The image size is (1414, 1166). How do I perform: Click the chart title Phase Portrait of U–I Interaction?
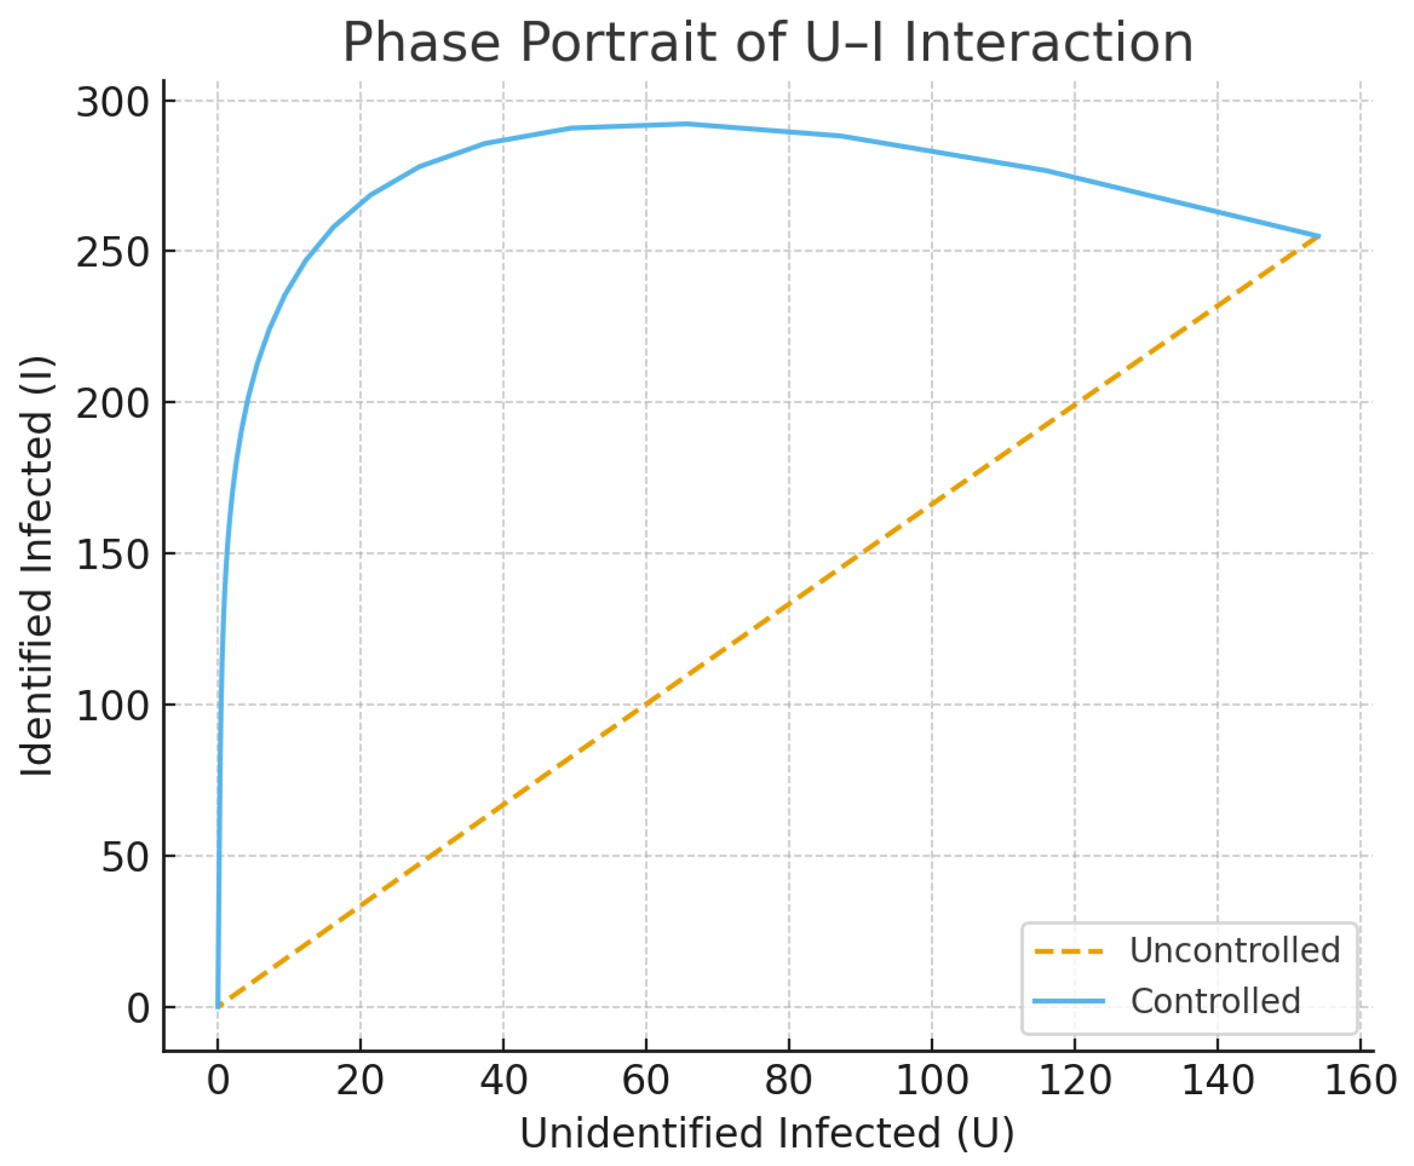(x=767, y=43)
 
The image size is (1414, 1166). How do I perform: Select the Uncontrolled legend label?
(x=1235, y=950)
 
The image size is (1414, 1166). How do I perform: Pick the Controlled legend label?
(x=1215, y=1001)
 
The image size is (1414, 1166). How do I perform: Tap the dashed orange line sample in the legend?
(x=1069, y=951)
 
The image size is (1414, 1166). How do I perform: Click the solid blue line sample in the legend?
(x=1069, y=1001)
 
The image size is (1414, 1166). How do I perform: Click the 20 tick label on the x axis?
(x=360, y=1081)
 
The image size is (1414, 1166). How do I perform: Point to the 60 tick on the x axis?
(x=646, y=1081)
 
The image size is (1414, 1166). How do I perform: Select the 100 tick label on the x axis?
(x=932, y=1081)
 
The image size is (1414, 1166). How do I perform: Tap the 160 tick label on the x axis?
(x=1360, y=1081)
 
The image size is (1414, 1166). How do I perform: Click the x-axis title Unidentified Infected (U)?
(x=767, y=1133)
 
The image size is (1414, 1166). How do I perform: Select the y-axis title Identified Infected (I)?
(x=36, y=567)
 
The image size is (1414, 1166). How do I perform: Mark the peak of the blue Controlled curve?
(x=687, y=124)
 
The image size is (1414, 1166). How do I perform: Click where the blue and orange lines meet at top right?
(x=1319, y=237)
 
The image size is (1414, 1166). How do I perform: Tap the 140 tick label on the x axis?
(x=1217, y=1081)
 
